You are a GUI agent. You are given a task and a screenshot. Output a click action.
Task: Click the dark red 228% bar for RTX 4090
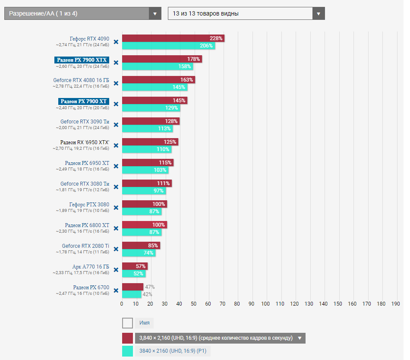click(173, 38)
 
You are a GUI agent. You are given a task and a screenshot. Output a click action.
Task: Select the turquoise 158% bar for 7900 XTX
click(158, 66)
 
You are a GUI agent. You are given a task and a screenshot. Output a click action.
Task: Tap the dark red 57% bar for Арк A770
click(134, 266)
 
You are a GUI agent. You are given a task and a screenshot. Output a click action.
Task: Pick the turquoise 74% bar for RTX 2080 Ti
click(138, 253)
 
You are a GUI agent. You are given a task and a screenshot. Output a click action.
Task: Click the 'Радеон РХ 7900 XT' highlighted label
click(83, 101)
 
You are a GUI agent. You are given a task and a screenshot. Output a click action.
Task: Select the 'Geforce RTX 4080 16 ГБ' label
click(81, 80)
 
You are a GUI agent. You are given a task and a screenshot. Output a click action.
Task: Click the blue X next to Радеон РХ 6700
click(116, 291)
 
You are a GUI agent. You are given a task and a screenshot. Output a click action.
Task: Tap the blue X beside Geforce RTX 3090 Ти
click(116, 125)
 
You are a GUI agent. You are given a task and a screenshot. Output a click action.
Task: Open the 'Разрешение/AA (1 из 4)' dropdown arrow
click(155, 13)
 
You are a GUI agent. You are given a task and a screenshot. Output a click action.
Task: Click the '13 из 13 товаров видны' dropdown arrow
click(319, 13)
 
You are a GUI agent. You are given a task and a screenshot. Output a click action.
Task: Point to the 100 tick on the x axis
click(265, 304)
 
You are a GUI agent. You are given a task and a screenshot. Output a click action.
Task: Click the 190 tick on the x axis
click(395, 304)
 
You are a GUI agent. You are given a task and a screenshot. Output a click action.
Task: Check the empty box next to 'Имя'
click(127, 323)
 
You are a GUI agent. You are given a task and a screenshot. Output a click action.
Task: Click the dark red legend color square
click(127, 338)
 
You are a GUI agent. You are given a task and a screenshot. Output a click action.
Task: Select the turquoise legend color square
click(127, 351)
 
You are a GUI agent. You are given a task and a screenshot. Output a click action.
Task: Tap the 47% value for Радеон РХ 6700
click(150, 287)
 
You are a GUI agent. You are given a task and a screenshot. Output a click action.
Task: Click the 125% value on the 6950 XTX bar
click(170, 142)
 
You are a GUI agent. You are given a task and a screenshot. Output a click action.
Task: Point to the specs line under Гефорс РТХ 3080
click(82, 211)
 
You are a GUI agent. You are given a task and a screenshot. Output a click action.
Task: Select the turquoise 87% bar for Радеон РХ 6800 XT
click(141, 232)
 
